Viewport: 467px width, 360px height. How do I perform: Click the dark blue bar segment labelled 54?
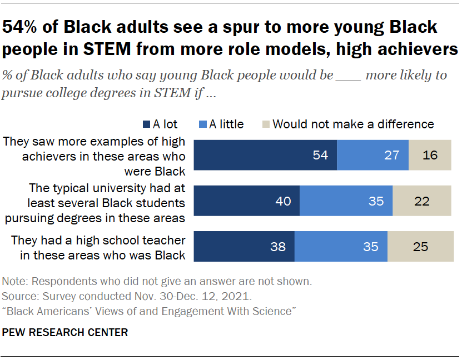coord(265,154)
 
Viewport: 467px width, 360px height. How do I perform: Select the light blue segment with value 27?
coord(373,154)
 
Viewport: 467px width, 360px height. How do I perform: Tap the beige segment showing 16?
coord(430,154)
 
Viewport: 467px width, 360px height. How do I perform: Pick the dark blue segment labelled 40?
coord(246,201)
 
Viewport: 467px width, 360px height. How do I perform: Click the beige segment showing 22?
coord(421,201)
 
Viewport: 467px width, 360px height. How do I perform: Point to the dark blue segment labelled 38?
coord(244,246)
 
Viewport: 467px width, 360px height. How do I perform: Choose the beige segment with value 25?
coord(420,246)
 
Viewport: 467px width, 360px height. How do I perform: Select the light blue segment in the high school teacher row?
coord(341,246)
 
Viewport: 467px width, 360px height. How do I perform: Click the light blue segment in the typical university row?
coord(346,201)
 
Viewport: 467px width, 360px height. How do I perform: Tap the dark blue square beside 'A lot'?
coord(147,124)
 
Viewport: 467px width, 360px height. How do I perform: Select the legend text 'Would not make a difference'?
coord(353,124)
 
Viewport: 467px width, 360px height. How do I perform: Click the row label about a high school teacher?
coord(97,246)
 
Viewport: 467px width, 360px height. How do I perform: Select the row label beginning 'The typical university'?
coord(97,201)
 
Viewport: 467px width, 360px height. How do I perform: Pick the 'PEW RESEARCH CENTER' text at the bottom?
coord(65,333)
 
